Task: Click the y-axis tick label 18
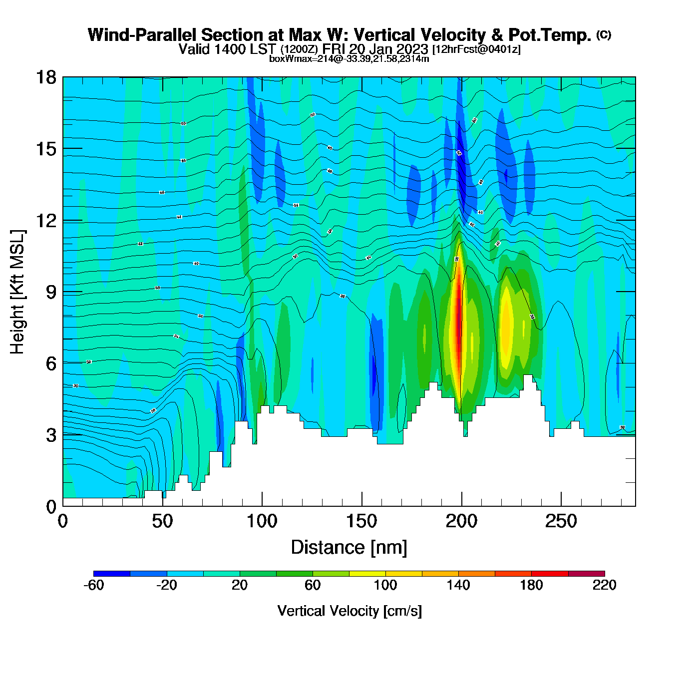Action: (x=45, y=77)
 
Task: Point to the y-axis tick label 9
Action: (x=51, y=292)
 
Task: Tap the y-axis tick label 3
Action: (x=51, y=435)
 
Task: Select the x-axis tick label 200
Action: (x=461, y=522)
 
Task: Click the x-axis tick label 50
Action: (x=162, y=522)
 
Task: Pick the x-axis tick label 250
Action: (x=561, y=522)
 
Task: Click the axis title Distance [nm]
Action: (x=349, y=548)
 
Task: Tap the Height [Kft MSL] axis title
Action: (x=17, y=292)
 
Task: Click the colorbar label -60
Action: (x=93, y=585)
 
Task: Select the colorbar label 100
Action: (x=385, y=585)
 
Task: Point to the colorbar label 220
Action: (x=604, y=585)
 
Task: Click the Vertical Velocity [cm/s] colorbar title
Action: (x=349, y=611)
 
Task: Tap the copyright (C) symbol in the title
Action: (x=604, y=34)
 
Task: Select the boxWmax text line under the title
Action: (x=349, y=58)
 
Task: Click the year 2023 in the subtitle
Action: (x=412, y=49)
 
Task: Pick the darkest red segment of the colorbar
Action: (x=586, y=574)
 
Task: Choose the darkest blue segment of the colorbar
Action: (x=112, y=574)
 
